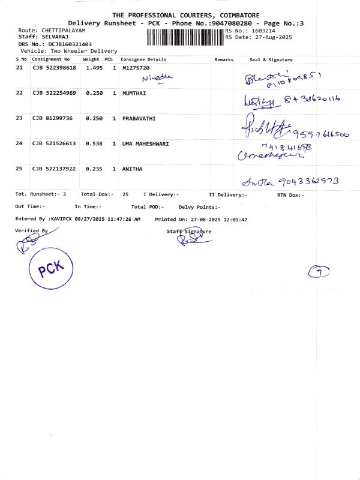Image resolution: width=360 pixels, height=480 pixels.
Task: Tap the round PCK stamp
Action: [x=50, y=269]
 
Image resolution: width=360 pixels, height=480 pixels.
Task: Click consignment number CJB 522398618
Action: [x=54, y=68]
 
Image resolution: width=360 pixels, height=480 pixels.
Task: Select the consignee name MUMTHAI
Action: [x=134, y=93]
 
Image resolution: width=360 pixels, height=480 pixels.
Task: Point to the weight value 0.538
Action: [x=94, y=143]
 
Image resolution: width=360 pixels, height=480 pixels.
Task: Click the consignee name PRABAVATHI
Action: [x=139, y=118]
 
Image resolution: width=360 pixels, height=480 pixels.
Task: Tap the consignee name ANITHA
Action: [x=132, y=169]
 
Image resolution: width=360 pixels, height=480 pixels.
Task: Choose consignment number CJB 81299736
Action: [x=52, y=118]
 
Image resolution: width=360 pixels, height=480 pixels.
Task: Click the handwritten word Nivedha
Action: [x=157, y=78]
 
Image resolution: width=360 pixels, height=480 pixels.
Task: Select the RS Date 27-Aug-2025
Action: [x=268, y=37]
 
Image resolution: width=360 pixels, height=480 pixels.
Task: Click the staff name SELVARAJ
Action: [x=58, y=37]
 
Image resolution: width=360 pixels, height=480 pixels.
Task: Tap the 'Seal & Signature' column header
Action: [x=271, y=60]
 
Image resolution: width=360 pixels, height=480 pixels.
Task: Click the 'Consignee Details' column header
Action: [x=143, y=60]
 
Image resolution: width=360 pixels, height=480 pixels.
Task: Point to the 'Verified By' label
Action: [x=31, y=230]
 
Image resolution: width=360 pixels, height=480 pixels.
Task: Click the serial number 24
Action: [x=19, y=143]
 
